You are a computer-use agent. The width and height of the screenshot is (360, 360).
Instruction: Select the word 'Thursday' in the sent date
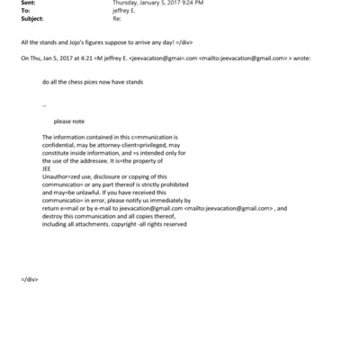[126, 4]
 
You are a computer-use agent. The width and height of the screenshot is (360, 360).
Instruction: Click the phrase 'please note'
[68, 121]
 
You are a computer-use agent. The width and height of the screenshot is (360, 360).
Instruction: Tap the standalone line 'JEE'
[47, 167]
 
